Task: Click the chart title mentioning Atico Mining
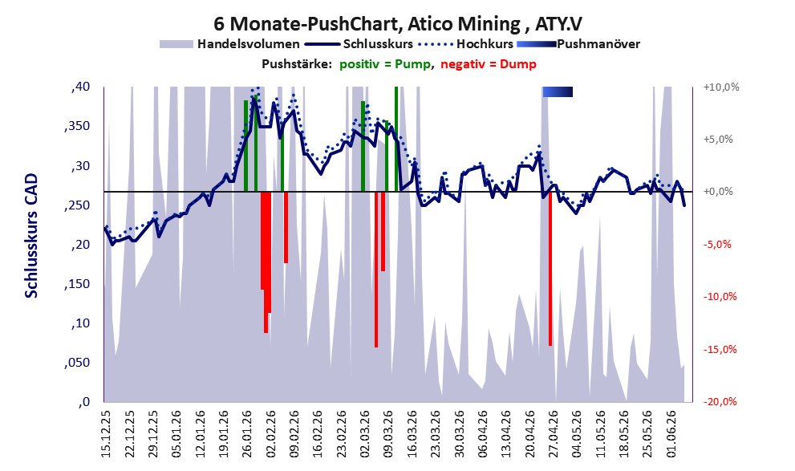(398, 23)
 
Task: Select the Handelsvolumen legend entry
(229, 44)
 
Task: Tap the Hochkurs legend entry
(466, 44)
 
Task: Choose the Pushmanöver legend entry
(578, 44)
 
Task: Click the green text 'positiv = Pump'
(385, 64)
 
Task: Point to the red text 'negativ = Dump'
(489, 64)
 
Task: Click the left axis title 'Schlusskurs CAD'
(31, 236)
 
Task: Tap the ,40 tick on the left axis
(80, 87)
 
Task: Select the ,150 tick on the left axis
(77, 284)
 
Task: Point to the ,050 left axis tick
(77, 363)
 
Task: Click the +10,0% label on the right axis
(721, 87)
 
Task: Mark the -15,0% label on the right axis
(720, 349)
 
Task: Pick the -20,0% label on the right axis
(720, 401)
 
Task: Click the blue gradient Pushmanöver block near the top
(558, 91)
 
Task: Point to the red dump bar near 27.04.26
(550, 269)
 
